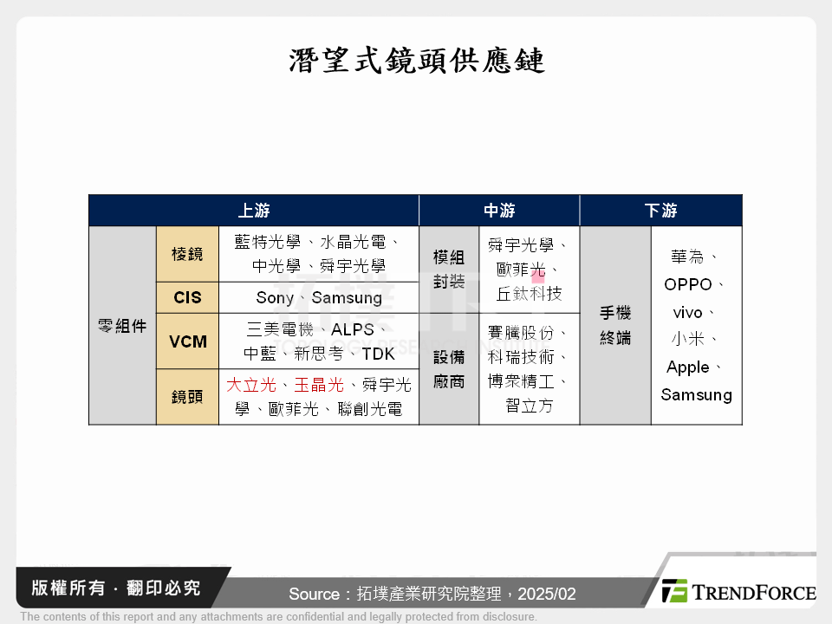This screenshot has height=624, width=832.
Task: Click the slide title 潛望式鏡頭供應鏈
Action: (416, 60)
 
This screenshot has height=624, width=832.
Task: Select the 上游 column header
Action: (254, 211)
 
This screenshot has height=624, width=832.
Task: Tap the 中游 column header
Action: (499, 211)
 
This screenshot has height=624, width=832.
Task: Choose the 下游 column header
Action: (660, 211)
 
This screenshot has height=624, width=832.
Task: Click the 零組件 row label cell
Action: (122, 326)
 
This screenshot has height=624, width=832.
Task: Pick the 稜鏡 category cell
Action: (187, 254)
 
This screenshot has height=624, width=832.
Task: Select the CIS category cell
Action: (187, 297)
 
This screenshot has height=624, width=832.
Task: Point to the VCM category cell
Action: (188, 341)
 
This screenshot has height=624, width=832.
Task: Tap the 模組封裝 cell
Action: (449, 269)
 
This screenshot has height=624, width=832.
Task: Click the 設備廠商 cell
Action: (449, 368)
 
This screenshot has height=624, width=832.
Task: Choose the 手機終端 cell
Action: (615, 326)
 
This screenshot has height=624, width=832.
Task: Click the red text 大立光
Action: (251, 385)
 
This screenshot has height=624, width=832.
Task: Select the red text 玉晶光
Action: (319, 385)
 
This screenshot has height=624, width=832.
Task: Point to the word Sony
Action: (275, 297)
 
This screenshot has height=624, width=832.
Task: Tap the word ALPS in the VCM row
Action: (353, 329)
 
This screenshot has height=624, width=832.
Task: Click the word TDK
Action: (378, 354)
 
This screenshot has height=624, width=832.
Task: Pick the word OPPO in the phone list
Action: (688, 284)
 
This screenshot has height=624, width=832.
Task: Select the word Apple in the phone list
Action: (688, 367)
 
